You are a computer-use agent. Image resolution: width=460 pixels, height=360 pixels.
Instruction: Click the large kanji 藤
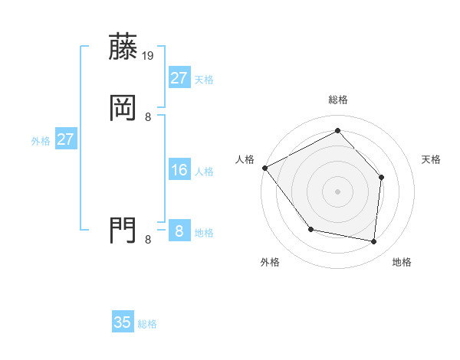pos(123,47)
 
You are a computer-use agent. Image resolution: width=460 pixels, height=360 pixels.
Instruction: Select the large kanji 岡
pos(123,108)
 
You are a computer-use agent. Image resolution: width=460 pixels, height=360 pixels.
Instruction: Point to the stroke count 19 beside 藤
pos(149,55)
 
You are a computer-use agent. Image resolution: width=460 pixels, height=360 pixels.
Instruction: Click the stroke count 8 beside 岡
pos(148,116)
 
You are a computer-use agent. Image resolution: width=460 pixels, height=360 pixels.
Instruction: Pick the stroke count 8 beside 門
pos(148,239)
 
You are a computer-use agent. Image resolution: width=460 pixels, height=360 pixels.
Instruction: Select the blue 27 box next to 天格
pos(179,78)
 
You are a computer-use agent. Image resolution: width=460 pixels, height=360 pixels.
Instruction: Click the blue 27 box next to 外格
pos(65,139)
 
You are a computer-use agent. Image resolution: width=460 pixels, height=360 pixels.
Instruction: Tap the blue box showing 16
pos(179,170)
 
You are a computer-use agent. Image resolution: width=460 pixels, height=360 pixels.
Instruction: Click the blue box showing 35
pos(123,322)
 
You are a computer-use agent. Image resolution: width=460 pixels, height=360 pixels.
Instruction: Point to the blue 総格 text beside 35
pos(147,324)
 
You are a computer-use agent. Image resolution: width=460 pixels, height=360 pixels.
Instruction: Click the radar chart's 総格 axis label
pos(337,100)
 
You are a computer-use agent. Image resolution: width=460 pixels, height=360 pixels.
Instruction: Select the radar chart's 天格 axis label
pos(432,159)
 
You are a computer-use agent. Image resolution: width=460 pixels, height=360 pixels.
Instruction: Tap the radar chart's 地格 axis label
pos(402,262)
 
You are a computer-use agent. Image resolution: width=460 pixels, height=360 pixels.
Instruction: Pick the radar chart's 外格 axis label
pos(270,262)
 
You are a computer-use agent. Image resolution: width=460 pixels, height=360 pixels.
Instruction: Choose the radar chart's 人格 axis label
pos(245,159)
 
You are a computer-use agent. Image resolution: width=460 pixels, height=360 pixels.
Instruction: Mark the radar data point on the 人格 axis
pos(264,168)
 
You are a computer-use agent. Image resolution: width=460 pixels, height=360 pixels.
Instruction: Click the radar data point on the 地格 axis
pos(374,241)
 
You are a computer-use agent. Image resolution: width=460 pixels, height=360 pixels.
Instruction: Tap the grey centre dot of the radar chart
pos(337,191)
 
